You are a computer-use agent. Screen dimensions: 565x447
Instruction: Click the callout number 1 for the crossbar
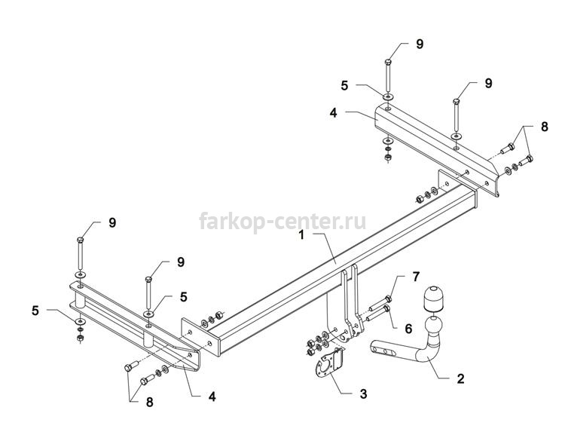(301, 235)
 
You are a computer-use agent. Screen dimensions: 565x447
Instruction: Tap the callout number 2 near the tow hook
(460, 379)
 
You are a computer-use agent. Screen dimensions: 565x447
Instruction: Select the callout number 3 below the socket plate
(363, 394)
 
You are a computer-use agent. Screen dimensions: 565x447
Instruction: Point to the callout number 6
(408, 329)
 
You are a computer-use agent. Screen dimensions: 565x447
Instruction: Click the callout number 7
(416, 277)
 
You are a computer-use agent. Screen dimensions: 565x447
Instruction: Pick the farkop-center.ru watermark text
(282, 221)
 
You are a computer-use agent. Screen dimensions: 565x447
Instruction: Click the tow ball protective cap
(433, 299)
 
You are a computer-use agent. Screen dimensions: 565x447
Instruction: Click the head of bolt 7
(388, 299)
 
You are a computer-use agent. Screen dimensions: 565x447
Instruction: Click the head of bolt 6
(387, 308)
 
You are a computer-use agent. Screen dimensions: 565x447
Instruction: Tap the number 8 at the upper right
(544, 127)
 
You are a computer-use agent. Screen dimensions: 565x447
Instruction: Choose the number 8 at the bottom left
(149, 403)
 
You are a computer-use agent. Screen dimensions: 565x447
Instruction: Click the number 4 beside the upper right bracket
(333, 113)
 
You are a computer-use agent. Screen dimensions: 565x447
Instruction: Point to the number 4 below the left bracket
(212, 397)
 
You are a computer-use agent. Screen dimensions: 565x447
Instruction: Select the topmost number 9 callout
(420, 44)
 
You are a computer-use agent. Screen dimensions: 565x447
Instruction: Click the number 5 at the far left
(35, 311)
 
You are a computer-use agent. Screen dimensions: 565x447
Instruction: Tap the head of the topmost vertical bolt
(388, 62)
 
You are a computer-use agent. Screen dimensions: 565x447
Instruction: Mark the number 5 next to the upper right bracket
(344, 86)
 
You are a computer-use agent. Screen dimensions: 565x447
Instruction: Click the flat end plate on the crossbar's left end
(200, 337)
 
